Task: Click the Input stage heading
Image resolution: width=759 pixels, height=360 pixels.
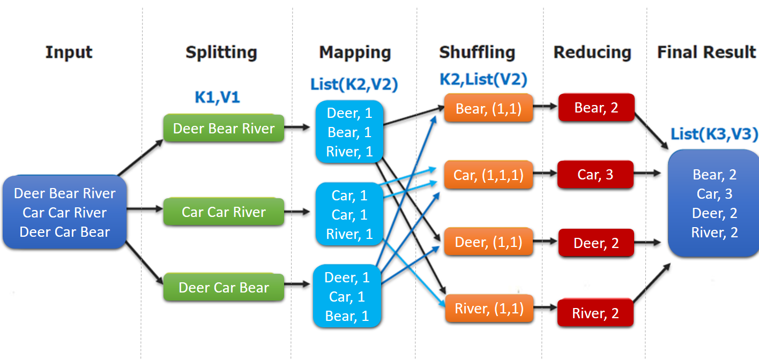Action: click(x=69, y=52)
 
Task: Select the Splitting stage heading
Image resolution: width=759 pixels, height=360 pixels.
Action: click(x=221, y=52)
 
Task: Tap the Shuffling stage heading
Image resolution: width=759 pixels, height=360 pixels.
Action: click(x=477, y=52)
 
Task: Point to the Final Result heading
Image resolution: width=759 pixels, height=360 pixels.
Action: click(x=706, y=52)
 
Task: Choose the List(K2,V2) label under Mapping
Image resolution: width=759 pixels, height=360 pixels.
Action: click(x=354, y=84)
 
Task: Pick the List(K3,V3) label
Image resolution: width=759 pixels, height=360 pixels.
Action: click(x=715, y=134)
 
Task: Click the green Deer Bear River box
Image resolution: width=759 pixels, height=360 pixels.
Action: click(x=224, y=129)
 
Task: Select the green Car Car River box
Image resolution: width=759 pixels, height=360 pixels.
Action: click(x=224, y=212)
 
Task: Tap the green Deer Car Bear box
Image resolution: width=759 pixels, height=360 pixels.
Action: click(x=224, y=288)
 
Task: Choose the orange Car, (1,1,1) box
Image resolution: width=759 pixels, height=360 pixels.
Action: click(x=488, y=175)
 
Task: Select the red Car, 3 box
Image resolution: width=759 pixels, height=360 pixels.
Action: click(x=596, y=175)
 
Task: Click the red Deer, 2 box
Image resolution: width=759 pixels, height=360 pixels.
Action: click(x=596, y=243)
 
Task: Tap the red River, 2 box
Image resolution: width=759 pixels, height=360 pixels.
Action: click(x=596, y=313)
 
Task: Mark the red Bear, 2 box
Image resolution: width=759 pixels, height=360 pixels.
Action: click(x=596, y=108)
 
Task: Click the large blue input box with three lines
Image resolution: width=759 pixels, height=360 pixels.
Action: click(x=64, y=213)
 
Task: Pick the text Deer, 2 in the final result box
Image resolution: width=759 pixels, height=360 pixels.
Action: click(x=715, y=213)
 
